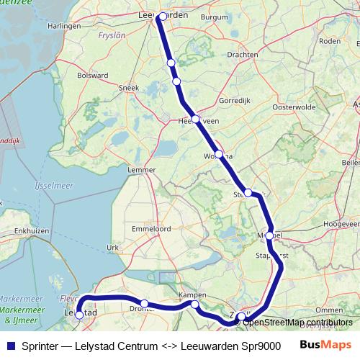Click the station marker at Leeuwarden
point(163,17)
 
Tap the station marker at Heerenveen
point(195,119)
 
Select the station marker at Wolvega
point(219,154)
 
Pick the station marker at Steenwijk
point(248,192)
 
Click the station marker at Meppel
point(270,235)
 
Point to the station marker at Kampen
point(195,305)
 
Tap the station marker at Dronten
point(145,304)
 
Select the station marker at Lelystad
point(79,315)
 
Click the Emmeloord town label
point(150,228)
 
